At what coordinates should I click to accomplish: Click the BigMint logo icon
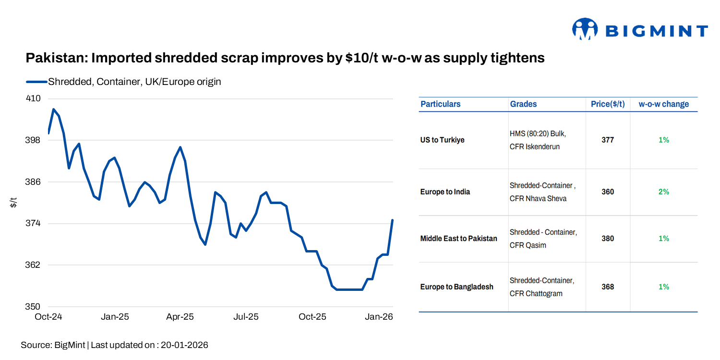click(584, 29)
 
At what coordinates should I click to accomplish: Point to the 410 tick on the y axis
click(33, 98)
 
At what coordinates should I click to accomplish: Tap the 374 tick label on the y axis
click(33, 224)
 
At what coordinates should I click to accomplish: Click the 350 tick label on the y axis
click(33, 307)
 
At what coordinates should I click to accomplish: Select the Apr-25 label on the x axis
click(180, 317)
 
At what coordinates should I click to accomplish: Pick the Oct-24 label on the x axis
click(48, 317)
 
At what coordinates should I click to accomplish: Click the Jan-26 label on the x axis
click(379, 317)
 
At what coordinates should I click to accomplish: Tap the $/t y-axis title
click(14, 203)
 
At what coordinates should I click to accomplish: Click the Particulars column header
click(440, 104)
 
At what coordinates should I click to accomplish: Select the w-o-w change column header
click(663, 104)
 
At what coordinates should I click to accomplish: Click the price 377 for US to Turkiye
click(608, 140)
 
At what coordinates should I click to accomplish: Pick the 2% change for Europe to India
click(663, 192)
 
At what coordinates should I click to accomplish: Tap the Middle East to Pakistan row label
click(458, 239)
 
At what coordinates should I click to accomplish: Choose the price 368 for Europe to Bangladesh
click(608, 287)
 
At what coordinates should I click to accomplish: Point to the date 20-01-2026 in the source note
click(184, 345)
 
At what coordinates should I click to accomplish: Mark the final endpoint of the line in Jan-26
click(393, 220)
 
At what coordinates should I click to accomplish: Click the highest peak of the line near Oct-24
click(53, 109)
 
